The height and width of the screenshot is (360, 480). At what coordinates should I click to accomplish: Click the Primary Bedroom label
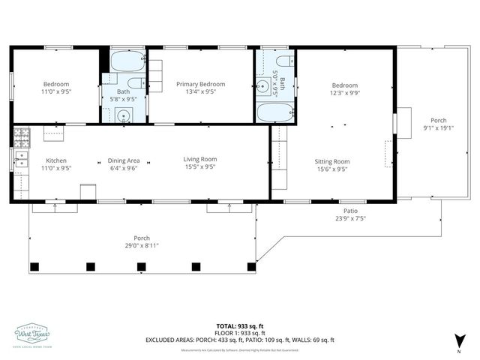200,85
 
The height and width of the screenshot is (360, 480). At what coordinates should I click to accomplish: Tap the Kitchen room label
56,160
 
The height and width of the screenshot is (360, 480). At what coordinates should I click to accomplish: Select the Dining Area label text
124,160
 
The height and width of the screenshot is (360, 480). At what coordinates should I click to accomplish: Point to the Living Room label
200,159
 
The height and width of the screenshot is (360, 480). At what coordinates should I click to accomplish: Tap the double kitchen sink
20,158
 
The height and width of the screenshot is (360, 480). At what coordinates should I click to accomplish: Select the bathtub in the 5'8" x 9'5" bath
125,61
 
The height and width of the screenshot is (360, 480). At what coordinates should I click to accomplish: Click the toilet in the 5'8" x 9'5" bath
136,83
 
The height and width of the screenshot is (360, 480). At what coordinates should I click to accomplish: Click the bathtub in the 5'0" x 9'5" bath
275,113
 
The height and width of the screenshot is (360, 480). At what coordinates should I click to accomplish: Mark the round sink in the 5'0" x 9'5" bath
264,86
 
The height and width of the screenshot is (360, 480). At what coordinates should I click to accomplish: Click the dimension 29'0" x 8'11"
142,245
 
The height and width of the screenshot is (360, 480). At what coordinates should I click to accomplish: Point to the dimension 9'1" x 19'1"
437,127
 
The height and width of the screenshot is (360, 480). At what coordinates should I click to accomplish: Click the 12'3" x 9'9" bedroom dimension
345,93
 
